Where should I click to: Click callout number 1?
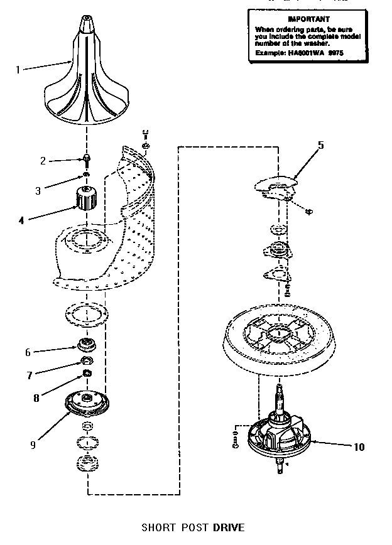(x=18, y=70)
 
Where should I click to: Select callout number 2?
(x=43, y=161)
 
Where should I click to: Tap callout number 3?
(x=38, y=190)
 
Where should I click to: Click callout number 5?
(x=320, y=145)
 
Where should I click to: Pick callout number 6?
(x=28, y=352)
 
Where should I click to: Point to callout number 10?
(x=359, y=447)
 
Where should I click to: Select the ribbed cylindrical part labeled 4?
(x=85, y=200)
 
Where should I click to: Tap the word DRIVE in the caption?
(x=228, y=527)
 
